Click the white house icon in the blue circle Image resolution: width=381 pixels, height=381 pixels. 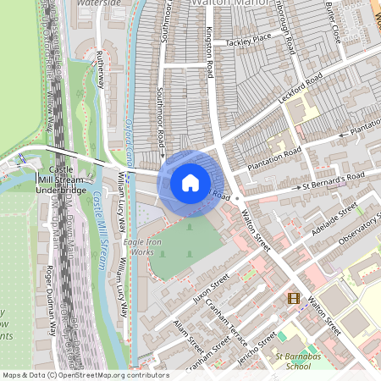tap(190, 182)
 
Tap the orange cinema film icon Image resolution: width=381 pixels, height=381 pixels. tap(293, 297)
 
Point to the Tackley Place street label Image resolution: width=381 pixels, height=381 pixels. tap(249, 38)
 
